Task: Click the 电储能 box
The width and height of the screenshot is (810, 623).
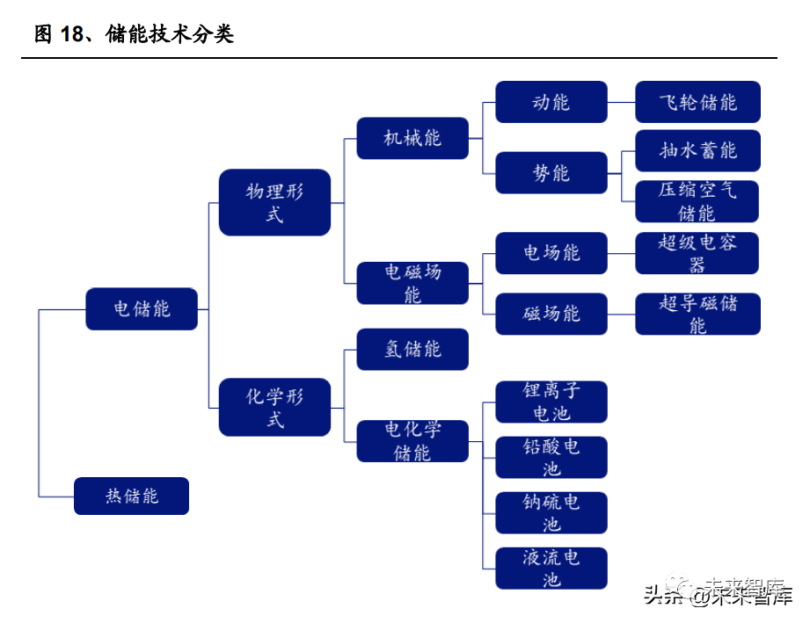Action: [x=142, y=309]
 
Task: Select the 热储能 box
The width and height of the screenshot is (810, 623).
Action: [x=132, y=496]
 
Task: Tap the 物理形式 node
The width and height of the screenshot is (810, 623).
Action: [x=274, y=202]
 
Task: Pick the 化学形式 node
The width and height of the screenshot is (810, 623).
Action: [x=274, y=408]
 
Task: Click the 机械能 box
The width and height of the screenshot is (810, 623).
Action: [x=412, y=138]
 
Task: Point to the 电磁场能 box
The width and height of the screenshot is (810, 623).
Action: [x=412, y=283]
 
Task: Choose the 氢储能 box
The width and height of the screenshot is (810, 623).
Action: [x=412, y=349]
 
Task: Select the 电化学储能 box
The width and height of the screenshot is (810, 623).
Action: [x=412, y=441]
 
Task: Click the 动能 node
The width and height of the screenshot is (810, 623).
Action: [x=551, y=102]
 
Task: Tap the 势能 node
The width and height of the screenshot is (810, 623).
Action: [x=551, y=173]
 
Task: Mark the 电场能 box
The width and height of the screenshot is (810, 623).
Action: [x=551, y=253]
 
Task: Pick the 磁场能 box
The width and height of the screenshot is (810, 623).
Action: [x=551, y=314]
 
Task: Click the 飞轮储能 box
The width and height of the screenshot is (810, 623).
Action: [x=697, y=102]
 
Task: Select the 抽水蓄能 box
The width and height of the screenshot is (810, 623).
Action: [x=697, y=150]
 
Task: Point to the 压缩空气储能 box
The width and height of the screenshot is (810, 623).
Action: [x=697, y=201]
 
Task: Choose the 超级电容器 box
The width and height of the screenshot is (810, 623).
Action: [x=697, y=253]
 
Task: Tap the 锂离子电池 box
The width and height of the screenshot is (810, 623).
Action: [x=551, y=402]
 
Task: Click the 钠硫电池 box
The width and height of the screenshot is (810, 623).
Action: [x=551, y=513]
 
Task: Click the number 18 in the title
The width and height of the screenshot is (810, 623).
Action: [x=72, y=35]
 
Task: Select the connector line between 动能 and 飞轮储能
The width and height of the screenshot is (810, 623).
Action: [x=621, y=102]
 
